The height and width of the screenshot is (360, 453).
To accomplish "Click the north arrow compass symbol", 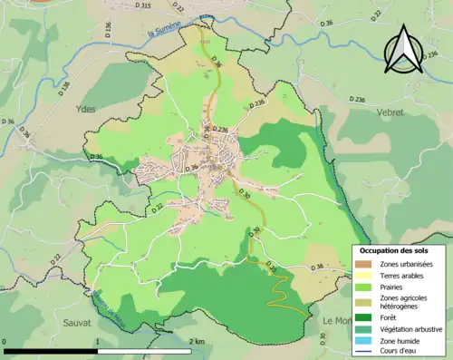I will tap(401, 50).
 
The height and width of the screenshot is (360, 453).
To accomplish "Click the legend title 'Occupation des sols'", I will tap(395, 249).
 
